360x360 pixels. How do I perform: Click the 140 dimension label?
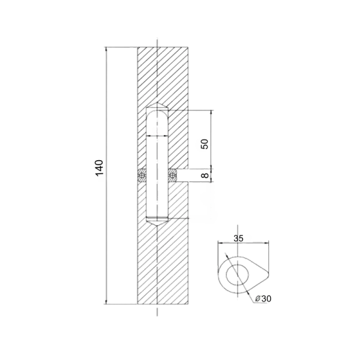(100, 168)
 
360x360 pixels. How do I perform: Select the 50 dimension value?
(205, 144)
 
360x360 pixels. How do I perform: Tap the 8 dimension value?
(205, 175)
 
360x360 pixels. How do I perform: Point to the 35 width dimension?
(238, 238)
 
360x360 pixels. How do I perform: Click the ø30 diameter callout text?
(263, 299)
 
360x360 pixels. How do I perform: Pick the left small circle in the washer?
(142, 176)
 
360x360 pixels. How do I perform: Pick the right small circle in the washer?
(172, 176)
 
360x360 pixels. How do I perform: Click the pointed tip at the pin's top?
(157, 103)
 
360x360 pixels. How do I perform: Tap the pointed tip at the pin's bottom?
(157, 227)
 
